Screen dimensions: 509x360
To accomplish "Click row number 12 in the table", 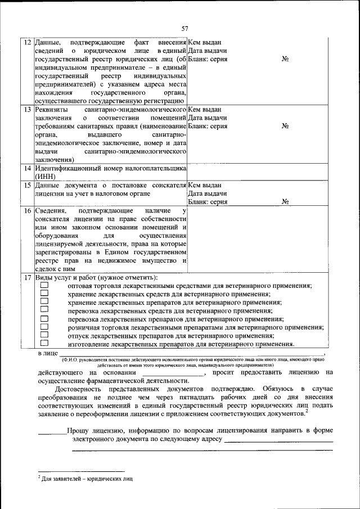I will pos(27,43).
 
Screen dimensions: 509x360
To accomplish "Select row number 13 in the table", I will pos(27,110).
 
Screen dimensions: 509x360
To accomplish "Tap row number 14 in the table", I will pos(27,168).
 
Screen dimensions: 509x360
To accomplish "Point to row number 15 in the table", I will pos(27,185).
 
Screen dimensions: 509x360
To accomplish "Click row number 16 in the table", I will pos(27,211).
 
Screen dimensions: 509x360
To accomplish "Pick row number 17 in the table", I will pos(27,278).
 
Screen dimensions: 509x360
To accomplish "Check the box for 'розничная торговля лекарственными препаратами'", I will pos(44,327).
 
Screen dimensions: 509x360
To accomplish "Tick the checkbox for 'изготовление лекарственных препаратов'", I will pos(44,343).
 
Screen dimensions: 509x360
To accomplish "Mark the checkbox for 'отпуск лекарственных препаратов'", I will pos(44,335).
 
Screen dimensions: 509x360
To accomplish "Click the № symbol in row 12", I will pos(285,60).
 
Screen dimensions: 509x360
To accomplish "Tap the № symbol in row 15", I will pos(285,202).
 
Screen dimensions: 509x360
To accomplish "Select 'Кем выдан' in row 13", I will pos(204,110).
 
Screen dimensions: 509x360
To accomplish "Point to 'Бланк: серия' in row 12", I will pos(208,60).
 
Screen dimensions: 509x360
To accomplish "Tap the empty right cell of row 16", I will pos(258,240).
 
